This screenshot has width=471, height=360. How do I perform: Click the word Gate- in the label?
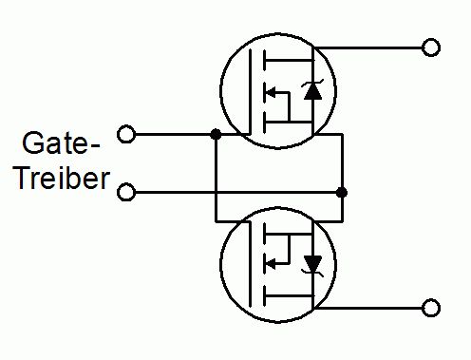61,143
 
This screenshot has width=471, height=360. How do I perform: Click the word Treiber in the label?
63,179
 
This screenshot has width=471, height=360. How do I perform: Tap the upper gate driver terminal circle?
126,134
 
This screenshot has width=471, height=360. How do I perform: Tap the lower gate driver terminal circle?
126,192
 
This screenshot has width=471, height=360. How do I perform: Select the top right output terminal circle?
431,47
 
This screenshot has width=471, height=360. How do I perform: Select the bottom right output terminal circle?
431,308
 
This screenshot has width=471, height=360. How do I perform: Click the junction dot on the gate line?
216,134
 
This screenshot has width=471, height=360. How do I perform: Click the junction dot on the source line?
341,192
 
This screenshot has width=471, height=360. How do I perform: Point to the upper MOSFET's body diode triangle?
313,92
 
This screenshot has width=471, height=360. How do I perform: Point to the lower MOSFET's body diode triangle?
313,263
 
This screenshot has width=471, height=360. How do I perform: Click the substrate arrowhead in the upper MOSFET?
270,93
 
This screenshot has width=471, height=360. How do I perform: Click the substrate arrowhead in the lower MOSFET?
270,263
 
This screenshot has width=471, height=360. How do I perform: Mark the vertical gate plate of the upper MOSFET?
250,92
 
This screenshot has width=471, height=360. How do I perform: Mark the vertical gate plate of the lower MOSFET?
250,264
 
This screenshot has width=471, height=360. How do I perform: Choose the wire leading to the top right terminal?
368,48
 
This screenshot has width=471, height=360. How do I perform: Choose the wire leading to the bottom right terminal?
368,308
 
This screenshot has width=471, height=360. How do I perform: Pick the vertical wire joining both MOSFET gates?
216,178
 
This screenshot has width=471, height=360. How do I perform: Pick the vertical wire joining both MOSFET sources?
342,178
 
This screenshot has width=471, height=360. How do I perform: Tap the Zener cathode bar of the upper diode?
313,84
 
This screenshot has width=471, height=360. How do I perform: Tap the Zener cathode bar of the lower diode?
313,273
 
